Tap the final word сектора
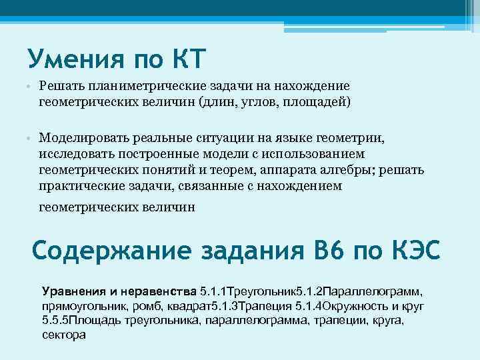[63, 335]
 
